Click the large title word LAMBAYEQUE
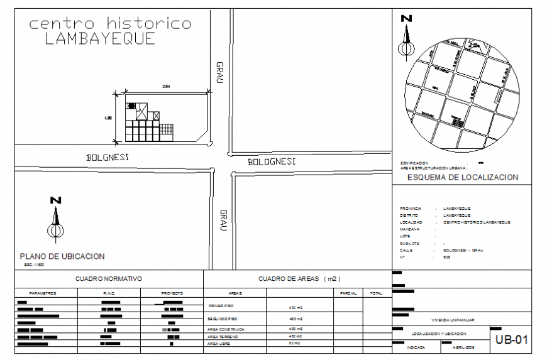tap(101, 39)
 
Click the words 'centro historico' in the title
tap(110, 24)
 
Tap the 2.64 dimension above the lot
tap(166, 85)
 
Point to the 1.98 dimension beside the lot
tap(108, 117)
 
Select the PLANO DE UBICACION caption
tap(62, 256)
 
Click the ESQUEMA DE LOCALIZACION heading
tap(463, 177)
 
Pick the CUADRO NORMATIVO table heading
tap(109, 278)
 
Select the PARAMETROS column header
tap(43, 293)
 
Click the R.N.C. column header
tap(109, 293)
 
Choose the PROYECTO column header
tap(172, 293)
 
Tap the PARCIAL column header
tap(348, 293)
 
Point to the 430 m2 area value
tap(296, 308)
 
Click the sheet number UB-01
tap(510, 341)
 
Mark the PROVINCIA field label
tap(411, 209)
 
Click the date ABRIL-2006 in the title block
tap(461, 347)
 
